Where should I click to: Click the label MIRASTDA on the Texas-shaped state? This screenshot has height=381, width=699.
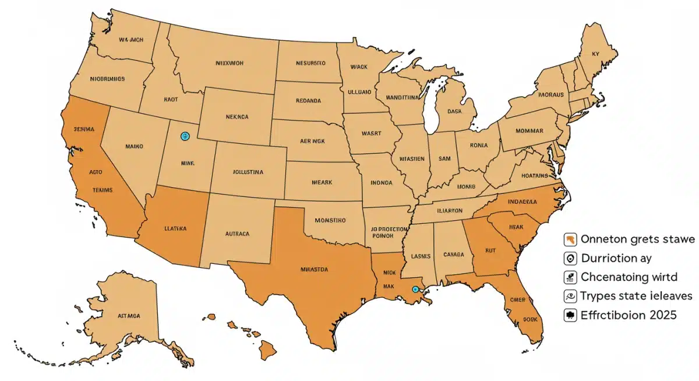click(x=313, y=270)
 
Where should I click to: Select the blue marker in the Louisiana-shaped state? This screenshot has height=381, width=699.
click(x=415, y=289)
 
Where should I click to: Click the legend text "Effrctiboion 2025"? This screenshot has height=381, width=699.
click(x=629, y=315)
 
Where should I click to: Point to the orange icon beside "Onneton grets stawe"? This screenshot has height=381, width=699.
click(x=570, y=239)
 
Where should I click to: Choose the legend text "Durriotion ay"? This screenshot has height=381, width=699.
click(x=616, y=258)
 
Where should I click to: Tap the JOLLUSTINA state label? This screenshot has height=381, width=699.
click(x=245, y=172)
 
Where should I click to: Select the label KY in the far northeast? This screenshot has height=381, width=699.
click(x=595, y=54)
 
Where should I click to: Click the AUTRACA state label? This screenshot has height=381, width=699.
click(x=237, y=234)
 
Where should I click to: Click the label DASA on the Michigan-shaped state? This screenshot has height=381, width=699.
click(x=454, y=111)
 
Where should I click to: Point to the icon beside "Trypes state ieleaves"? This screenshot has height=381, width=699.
click(x=570, y=296)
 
